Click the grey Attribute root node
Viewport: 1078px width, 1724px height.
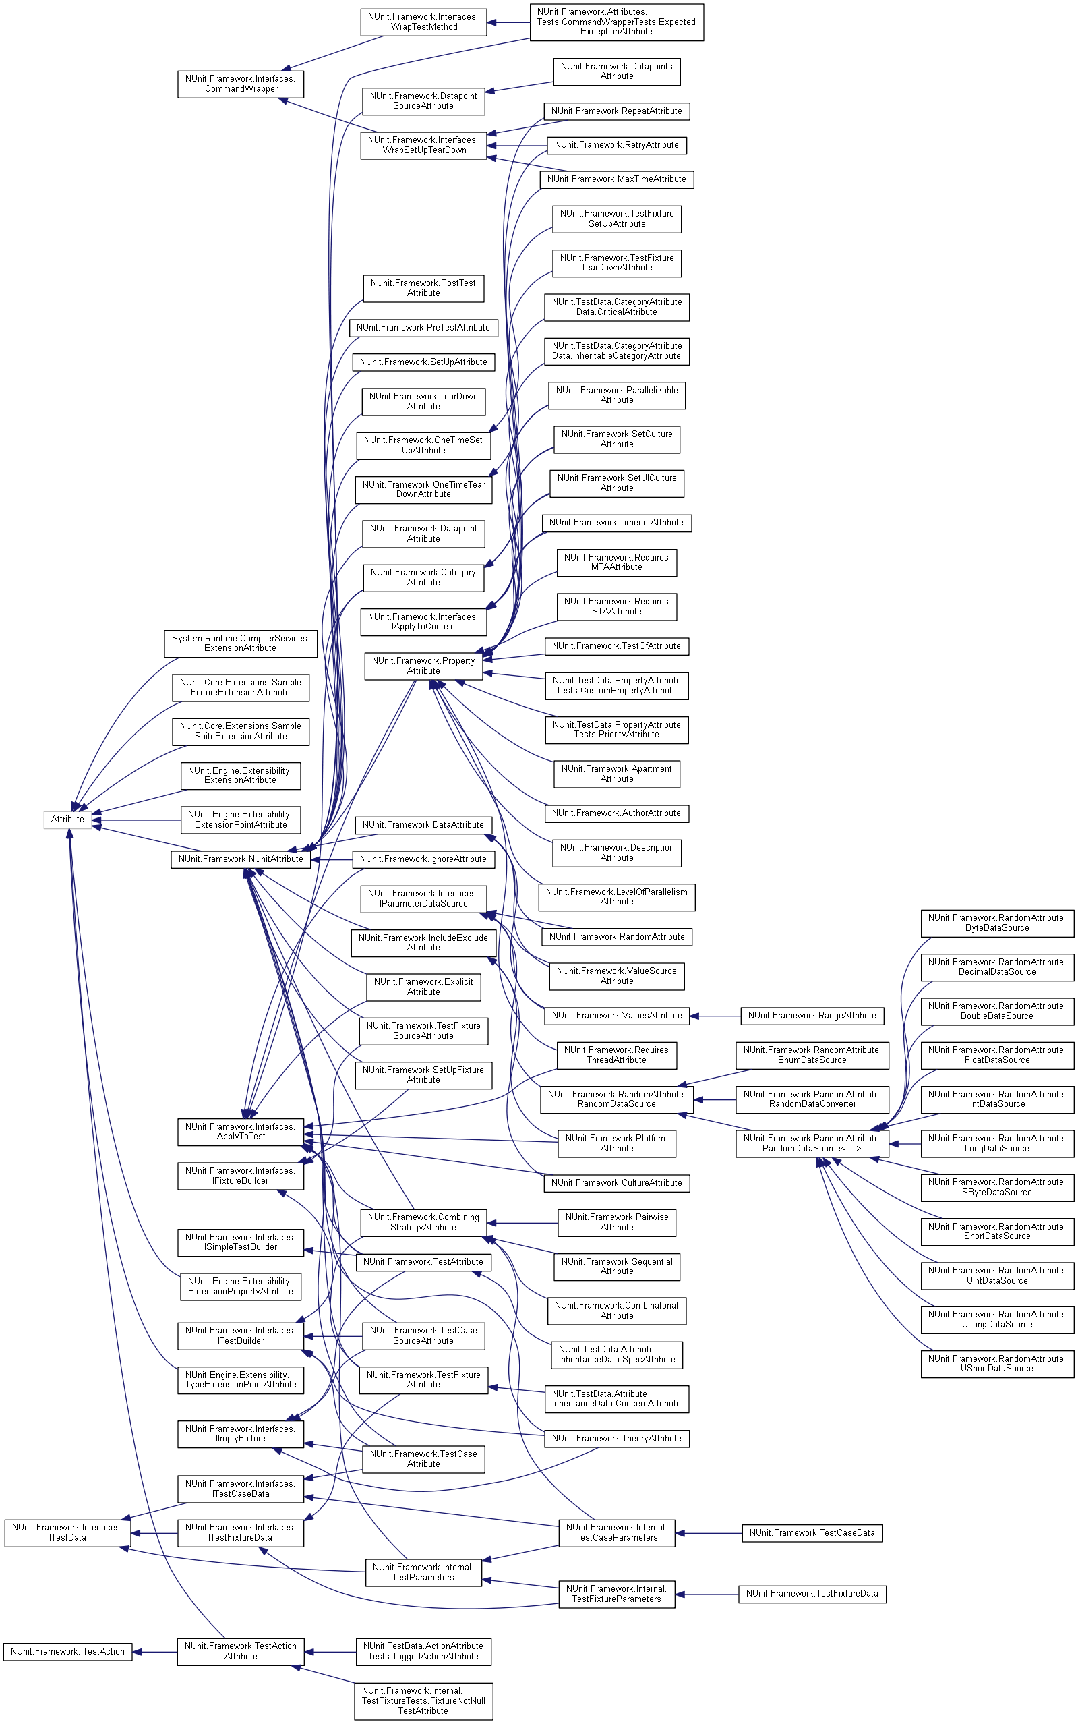click(x=67, y=820)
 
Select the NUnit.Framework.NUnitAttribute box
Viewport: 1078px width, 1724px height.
click(x=240, y=859)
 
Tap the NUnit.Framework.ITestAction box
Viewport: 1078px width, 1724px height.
click(x=67, y=1651)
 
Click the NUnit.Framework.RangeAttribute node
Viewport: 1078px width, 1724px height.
click(x=812, y=1016)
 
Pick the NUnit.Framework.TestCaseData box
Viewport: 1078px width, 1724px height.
click(x=812, y=1533)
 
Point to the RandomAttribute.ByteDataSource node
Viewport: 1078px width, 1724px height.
click(x=996, y=923)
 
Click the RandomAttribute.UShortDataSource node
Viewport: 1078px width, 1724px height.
click(x=996, y=1363)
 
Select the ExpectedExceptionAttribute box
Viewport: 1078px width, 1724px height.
click(x=616, y=22)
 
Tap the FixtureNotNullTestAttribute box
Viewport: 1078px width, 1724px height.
click(x=423, y=1700)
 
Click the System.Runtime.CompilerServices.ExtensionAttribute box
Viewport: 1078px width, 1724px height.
click(x=240, y=643)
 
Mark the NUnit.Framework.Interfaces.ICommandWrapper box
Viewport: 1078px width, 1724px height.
click(x=240, y=84)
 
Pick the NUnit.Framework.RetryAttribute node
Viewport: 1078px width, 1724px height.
click(x=616, y=146)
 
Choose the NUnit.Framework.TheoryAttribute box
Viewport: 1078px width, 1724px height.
click(x=616, y=1439)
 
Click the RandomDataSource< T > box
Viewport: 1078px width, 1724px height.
click(x=812, y=1143)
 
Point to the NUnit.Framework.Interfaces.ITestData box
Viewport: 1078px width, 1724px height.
click(x=67, y=1533)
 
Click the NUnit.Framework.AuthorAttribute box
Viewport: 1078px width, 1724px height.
click(x=616, y=813)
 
